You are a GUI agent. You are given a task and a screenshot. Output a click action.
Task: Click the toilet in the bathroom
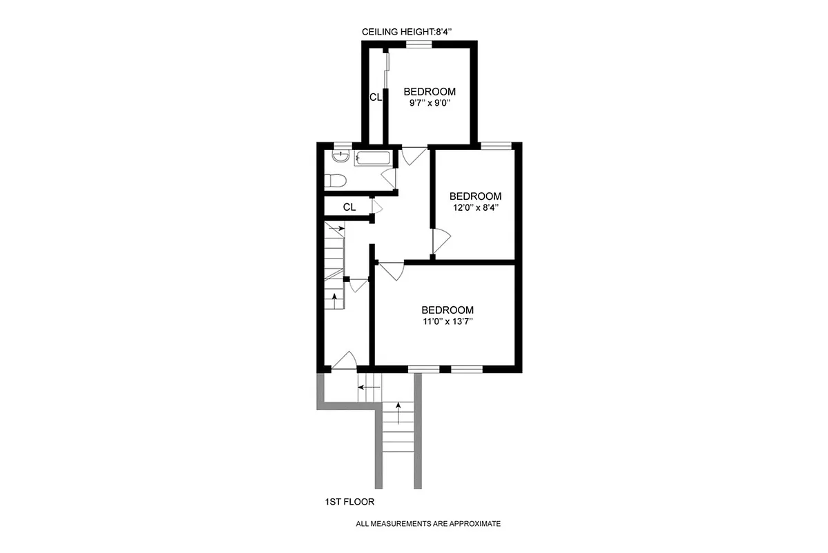point(335,181)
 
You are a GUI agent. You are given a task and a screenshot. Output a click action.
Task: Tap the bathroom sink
point(339,158)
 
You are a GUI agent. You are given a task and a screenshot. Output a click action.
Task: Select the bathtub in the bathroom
point(374,159)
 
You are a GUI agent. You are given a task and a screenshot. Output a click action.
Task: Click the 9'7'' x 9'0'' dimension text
point(430,104)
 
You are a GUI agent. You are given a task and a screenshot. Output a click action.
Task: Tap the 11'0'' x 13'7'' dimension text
point(447,321)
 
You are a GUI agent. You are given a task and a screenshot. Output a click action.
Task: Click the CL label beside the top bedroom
point(375,97)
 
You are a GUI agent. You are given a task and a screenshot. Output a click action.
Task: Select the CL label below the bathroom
point(349,207)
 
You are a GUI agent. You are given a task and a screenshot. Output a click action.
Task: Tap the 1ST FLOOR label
point(349,502)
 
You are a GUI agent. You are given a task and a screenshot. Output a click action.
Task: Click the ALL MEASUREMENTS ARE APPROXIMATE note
point(427,524)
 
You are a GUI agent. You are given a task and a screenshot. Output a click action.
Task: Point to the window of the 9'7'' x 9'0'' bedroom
point(418,44)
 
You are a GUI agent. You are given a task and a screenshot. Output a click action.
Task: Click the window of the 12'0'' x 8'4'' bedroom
point(496,145)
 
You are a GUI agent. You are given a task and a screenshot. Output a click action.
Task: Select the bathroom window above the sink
point(339,146)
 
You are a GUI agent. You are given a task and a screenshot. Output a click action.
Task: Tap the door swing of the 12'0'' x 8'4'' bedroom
point(441,241)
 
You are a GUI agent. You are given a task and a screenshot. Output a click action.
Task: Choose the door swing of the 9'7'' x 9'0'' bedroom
point(414,156)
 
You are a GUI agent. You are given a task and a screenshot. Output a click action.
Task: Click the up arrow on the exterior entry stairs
point(398,413)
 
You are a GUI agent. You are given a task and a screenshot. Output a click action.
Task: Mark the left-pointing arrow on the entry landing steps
point(369,388)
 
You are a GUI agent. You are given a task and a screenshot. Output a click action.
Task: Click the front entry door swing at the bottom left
point(344,360)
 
